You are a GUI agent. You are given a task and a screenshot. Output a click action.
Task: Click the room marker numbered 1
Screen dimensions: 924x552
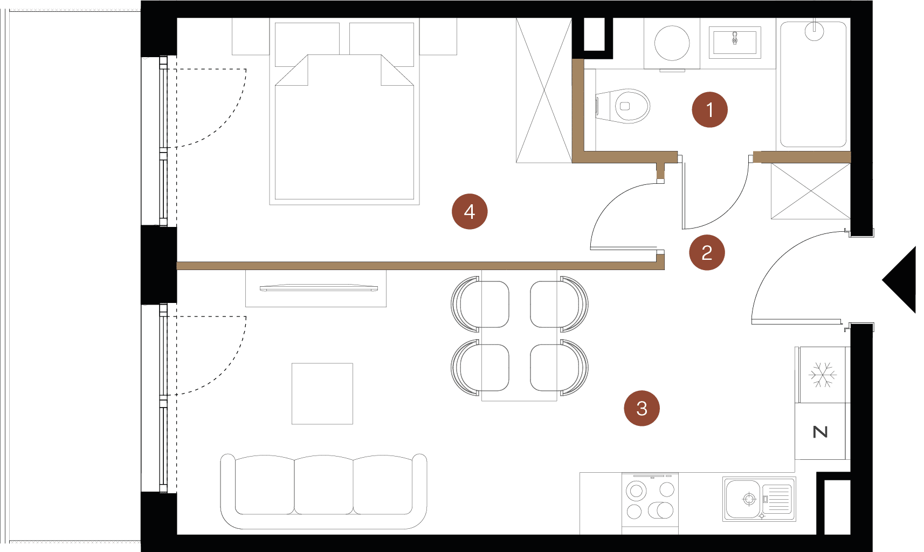[709, 109]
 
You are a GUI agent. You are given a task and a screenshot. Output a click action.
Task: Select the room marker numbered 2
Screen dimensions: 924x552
[707, 252]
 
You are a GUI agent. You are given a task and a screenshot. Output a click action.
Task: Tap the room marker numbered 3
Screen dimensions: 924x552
[642, 408]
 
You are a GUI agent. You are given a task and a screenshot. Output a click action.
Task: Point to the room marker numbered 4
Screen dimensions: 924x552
[470, 211]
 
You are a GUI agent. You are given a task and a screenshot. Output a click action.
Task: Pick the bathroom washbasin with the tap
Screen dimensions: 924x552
[735, 43]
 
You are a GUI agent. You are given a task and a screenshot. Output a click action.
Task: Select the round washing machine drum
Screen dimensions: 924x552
[672, 43]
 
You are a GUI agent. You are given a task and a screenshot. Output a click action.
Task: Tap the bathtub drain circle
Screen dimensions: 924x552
[814, 31]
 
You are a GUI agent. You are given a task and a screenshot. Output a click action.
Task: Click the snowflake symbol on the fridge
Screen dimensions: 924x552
[823, 375]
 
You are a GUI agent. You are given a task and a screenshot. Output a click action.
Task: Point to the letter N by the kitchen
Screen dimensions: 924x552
[820, 432]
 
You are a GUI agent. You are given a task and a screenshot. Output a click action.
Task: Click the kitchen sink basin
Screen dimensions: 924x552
[742, 499]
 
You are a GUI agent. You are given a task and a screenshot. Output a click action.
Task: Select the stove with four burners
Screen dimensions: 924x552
[650, 500]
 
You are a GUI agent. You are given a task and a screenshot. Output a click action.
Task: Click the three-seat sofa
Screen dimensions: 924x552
[323, 491]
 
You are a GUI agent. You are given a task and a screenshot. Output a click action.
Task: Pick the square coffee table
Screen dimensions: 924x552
[322, 394]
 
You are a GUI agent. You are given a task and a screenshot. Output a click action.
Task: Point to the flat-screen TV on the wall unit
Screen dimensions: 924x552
[319, 288]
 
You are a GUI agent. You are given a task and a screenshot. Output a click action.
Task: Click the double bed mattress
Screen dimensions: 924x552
[344, 127]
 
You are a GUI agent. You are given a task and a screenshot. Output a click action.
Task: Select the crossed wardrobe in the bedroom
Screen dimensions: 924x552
[544, 91]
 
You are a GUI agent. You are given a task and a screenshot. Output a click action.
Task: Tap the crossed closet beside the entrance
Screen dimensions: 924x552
[811, 191]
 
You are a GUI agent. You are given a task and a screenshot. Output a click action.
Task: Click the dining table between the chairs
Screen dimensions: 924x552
[519, 335]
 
